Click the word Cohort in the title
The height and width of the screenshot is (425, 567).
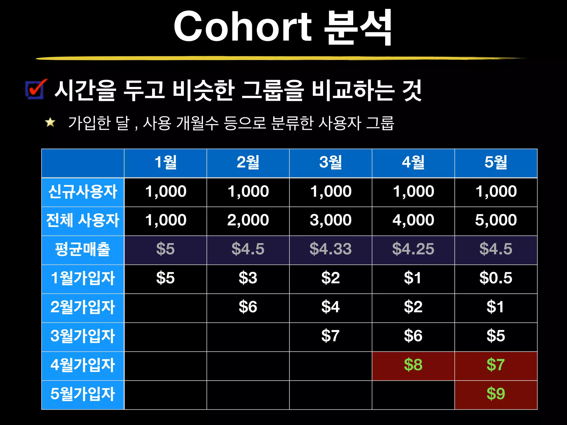pyautogui.click(x=243, y=27)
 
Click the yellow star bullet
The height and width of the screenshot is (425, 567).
pyautogui.click(x=50, y=122)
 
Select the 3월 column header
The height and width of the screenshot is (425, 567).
pyautogui.click(x=331, y=163)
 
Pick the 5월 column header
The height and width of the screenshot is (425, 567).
pyautogui.click(x=496, y=163)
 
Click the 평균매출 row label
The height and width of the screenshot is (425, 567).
pyautogui.click(x=83, y=249)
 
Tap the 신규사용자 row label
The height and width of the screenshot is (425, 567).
pyautogui.click(x=83, y=192)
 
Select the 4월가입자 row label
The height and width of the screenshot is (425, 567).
pyautogui.click(x=83, y=365)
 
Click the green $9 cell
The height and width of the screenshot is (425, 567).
pyautogui.click(x=496, y=394)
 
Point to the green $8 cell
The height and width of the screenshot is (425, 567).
pyautogui.click(x=413, y=365)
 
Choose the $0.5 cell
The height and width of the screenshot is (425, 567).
pyautogui.click(x=496, y=278)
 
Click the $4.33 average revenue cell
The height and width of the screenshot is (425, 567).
pyautogui.click(x=331, y=249)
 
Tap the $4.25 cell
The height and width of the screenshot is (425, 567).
pyautogui.click(x=413, y=249)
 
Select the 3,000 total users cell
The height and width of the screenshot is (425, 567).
pyautogui.click(x=331, y=220)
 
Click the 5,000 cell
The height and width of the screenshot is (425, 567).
pyautogui.click(x=496, y=220)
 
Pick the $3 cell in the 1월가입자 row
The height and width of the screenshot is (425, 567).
pyautogui.click(x=248, y=278)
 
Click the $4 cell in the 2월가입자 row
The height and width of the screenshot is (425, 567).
pyautogui.click(x=331, y=307)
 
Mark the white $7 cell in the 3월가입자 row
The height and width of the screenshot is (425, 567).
pyautogui.click(x=331, y=336)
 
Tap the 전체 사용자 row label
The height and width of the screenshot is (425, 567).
pyautogui.click(x=83, y=221)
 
